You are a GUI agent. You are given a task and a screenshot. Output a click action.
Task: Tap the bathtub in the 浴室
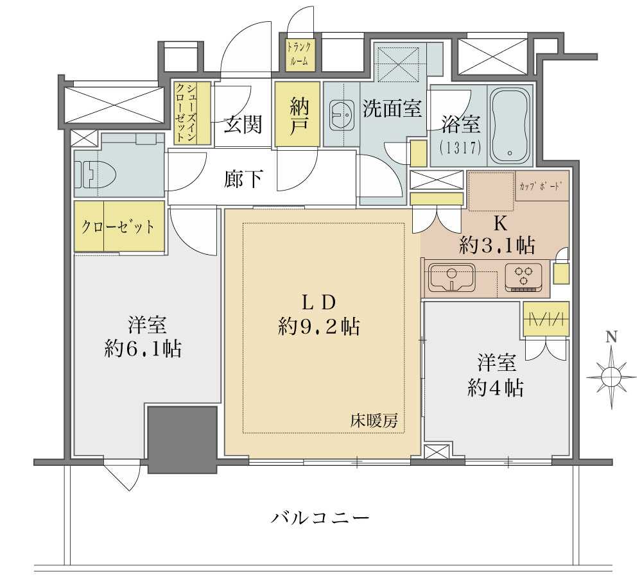[510, 126]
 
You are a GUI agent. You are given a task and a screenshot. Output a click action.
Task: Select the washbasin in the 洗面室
[341, 115]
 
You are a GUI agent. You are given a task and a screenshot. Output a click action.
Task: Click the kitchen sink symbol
[451, 277]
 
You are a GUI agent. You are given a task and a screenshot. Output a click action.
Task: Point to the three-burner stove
[524, 277]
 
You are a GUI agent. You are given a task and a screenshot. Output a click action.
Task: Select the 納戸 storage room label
[297, 114]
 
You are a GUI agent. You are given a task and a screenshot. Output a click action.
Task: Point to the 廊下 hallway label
[243, 178]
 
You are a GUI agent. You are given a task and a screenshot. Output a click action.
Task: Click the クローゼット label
[118, 227]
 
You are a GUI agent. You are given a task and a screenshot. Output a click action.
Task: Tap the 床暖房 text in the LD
[374, 421]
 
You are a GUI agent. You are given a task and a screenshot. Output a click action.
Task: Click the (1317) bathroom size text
[460, 148]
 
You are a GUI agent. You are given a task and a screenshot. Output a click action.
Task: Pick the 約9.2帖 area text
[319, 327]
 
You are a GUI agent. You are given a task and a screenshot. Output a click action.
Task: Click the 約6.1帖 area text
[143, 348]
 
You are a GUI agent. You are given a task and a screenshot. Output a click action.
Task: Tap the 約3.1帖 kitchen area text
[497, 246]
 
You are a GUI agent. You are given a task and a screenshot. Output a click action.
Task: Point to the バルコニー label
[320, 518]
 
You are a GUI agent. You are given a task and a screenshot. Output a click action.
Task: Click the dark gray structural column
[182, 440]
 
